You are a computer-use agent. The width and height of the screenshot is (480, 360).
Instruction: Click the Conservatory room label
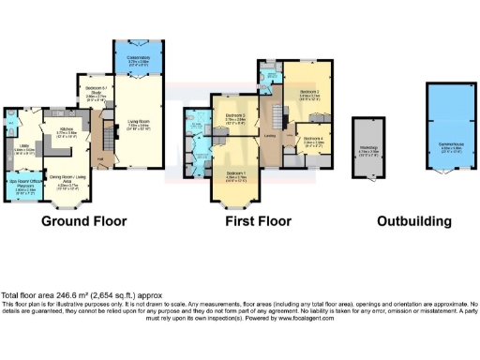(139, 62)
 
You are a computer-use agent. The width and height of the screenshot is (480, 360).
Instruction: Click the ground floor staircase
(107, 141)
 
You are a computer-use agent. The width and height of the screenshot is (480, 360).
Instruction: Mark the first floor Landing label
(270, 137)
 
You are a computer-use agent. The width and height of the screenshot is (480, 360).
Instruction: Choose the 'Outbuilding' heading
(413, 222)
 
